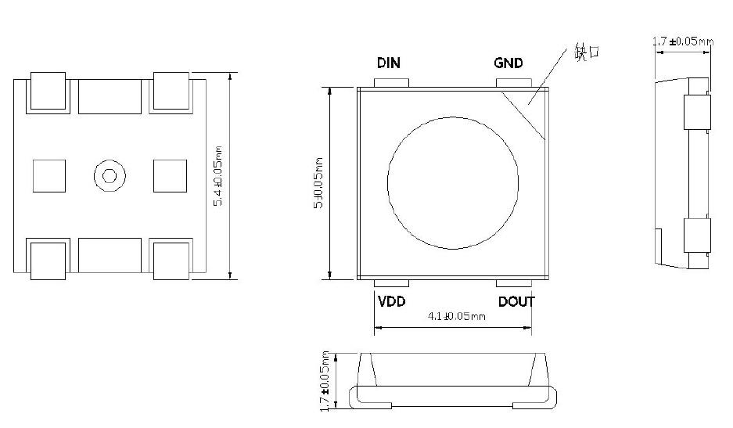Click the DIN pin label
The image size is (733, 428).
click(x=389, y=63)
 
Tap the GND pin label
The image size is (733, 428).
click(x=508, y=63)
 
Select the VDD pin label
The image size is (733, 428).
click(x=391, y=301)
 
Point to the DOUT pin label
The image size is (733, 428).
click(x=516, y=301)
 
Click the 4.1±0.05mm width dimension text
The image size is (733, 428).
click(x=456, y=317)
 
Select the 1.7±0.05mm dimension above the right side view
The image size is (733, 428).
click(x=683, y=41)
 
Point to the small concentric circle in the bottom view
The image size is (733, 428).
click(x=107, y=175)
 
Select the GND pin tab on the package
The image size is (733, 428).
click(x=509, y=82)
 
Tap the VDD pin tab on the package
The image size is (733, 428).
click(x=390, y=283)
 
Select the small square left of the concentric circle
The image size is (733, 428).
click(x=49, y=175)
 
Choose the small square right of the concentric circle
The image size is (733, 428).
click(x=170, y=175)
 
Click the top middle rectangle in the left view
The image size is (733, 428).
click(x=110, y=95)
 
